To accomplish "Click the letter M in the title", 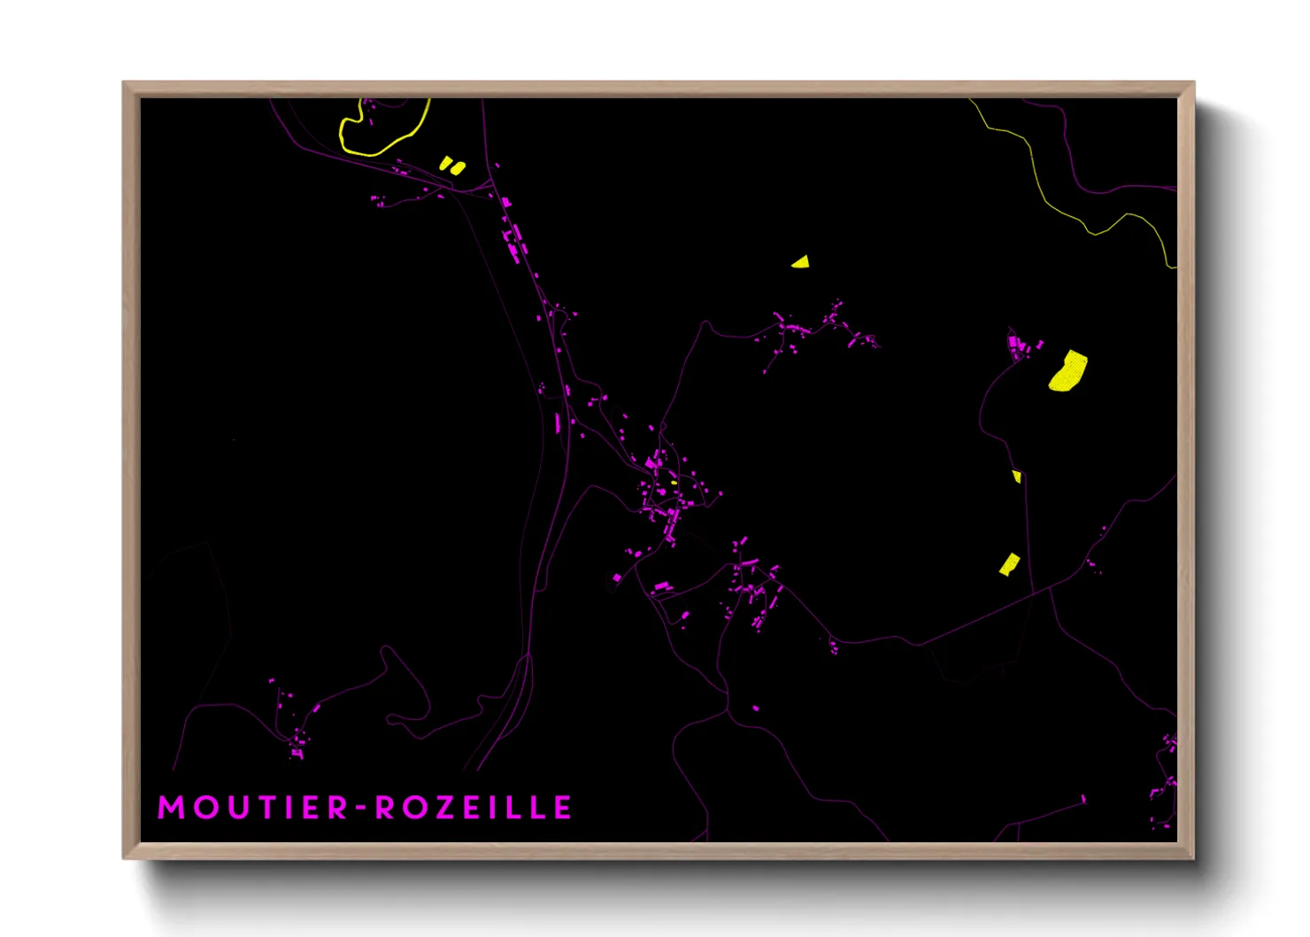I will click(x=172, y=808).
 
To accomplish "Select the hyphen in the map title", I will click(x=360, y=809).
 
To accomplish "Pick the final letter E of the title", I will click(x=563, y=808).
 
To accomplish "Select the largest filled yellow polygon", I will click(x=1068, y=371).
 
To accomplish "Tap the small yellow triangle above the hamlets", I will click(x=801, y=261).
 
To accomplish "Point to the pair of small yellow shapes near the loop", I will click(x=451, y=166).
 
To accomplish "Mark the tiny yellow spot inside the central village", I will click(x=674, y=483).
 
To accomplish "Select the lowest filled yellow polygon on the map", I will click(x=1009, y=564).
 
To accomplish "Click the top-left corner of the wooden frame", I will click(x=125, y=83).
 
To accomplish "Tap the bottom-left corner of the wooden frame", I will click(x=125, y=857).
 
